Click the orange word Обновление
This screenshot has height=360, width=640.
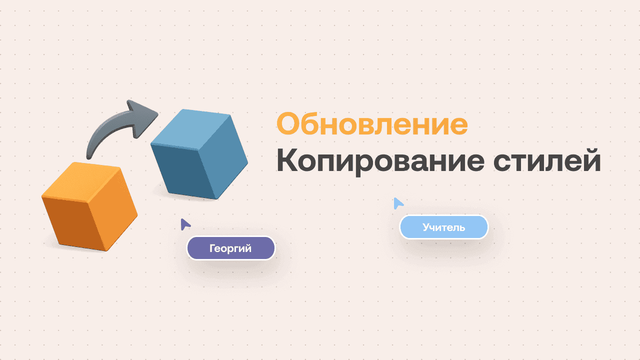point(372,124)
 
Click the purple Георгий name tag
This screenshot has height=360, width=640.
point(230,248)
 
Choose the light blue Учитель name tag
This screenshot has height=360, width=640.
point(443,227)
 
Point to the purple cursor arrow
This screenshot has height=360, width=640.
point(185,224)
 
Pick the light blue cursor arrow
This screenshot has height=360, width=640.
point(397,203)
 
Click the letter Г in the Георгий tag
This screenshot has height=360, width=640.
point(212,248)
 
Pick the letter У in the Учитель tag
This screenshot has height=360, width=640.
point(426,228)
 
